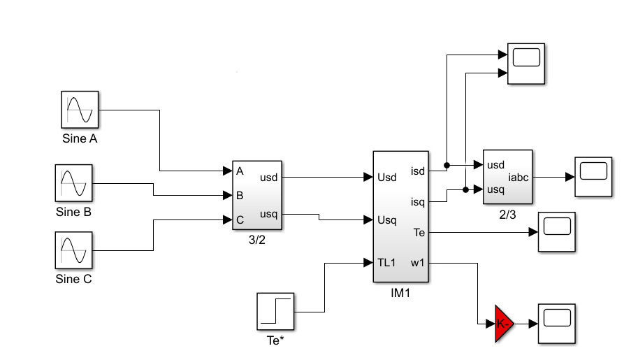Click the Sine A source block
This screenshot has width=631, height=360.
click(79, 110)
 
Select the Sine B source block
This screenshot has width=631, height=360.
click(74, 184)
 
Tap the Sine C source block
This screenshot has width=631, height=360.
click(74, 250)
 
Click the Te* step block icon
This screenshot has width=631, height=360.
click(275, 311)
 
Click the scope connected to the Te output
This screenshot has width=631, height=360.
click(556, 231)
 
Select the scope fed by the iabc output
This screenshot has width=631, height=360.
click(593, 177)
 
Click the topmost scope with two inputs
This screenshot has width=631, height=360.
click(526, 64)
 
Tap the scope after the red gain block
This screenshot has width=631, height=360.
click(556, 324)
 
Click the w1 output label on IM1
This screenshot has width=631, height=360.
click(416, 263)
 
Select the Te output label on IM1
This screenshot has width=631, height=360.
click(418, 231)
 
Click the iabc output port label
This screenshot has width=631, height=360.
click(518, 177)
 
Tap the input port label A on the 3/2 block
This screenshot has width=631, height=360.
click(240, 171)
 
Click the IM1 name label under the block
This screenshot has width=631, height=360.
click(400, 294)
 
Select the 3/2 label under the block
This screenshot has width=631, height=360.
click(257, 239)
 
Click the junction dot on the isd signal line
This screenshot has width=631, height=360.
click(447, 166)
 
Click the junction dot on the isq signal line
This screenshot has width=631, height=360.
click(465, 189)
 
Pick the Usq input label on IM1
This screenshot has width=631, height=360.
click(388, 220)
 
